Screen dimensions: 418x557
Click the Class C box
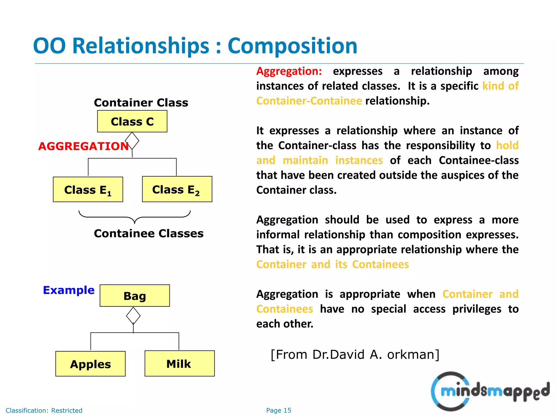pyautogui.click(x=132, y=121)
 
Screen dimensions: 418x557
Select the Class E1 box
pyautogui.click(x=88, y=189)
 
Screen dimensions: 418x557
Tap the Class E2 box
pyautogui.click(x=177, y=189)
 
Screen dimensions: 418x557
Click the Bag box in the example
pyautogui.click(x=135, y=296)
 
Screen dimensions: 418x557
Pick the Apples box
pyautogui.click(x=90, y=364)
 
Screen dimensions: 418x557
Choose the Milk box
pyautogui.click(x=180, y=364)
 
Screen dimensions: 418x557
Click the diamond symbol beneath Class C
pyautogui.click(x=132, y=141)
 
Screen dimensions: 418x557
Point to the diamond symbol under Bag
pyautogui.click(x=133, y=316)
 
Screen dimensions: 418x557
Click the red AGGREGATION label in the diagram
pyautogui.click(x=83, y=146)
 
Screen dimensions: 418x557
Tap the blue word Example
pyautogui.click(x=69, y=290)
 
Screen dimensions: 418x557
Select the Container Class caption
pyautogui.click(x=141, y=103)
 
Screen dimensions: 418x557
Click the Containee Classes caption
pyautogui.click(x=148, y=233)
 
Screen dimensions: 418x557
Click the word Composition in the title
pyautogui.click(x=292, y=46)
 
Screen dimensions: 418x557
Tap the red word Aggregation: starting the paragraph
pyautogui.click(x=289, y=71)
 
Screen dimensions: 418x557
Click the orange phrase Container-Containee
pyautogui.click(x=309, y=101)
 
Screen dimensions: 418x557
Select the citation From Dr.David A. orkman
pyautogui.click(x=355, y=355)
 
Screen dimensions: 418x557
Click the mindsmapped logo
pyautogui.click(x=490, y=391)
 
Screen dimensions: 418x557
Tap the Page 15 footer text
pyautogui.click(x=278, y=410)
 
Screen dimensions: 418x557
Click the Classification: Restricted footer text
pyautogui.click(x=44, y=410)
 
